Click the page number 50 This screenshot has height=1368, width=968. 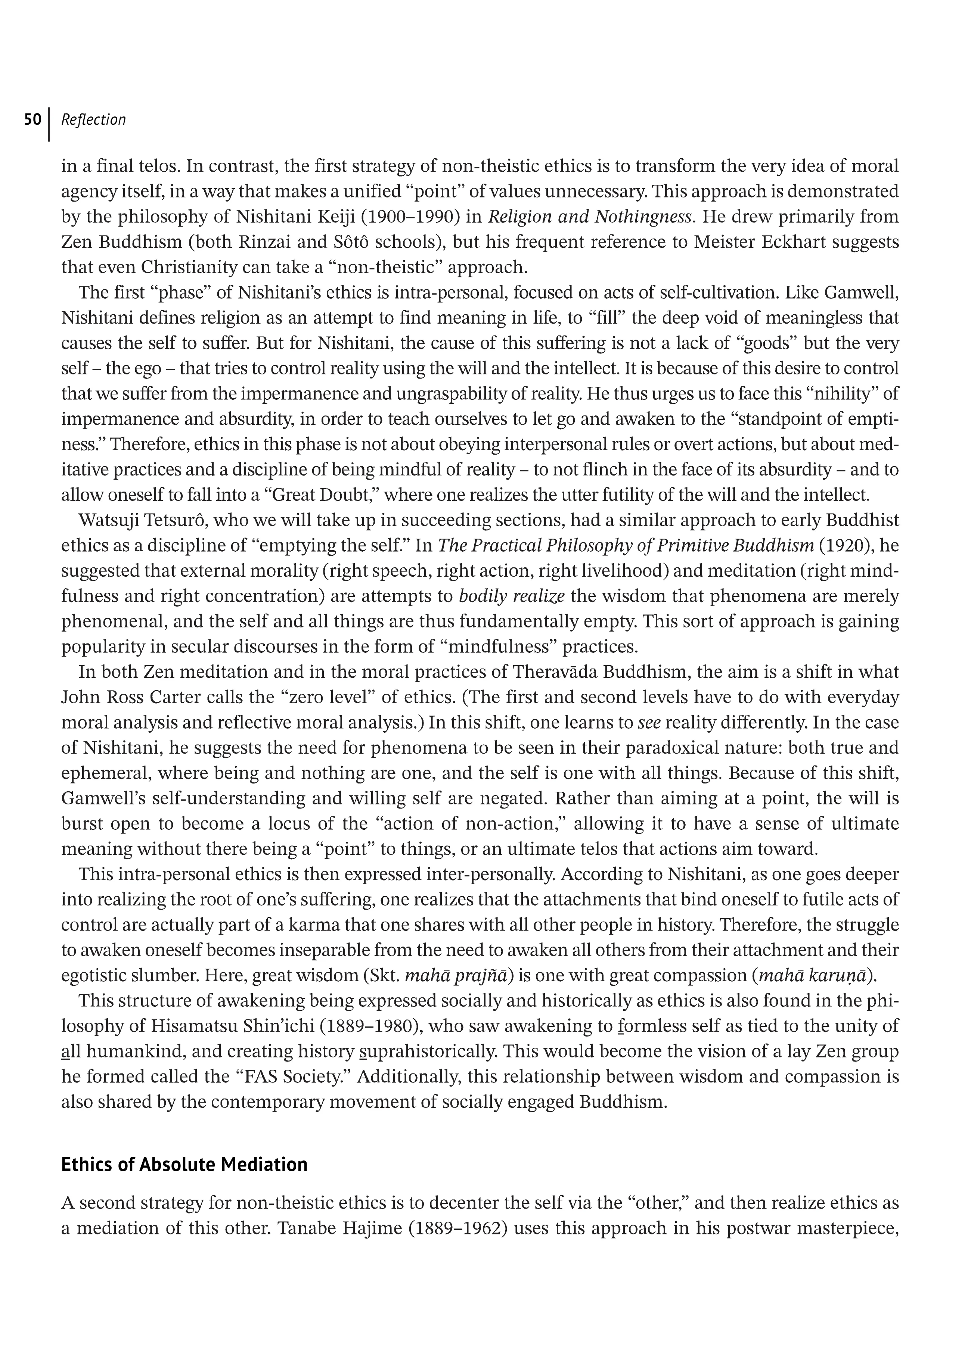(x=32, y=120)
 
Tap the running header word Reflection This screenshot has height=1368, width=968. (x=94, y=120)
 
